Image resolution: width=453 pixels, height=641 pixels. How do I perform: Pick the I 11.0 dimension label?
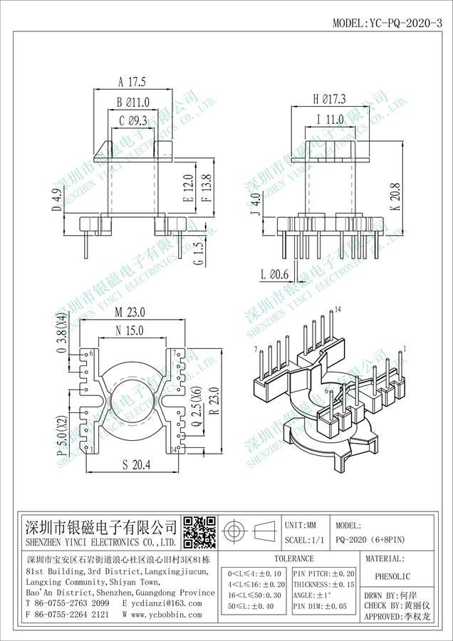(x=330, y=120)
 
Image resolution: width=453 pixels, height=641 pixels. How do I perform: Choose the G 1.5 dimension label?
(x=199, y=252)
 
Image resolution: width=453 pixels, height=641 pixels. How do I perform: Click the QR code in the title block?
(x=199, y=532)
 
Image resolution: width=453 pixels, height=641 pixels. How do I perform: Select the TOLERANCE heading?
(x=293, y=559)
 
